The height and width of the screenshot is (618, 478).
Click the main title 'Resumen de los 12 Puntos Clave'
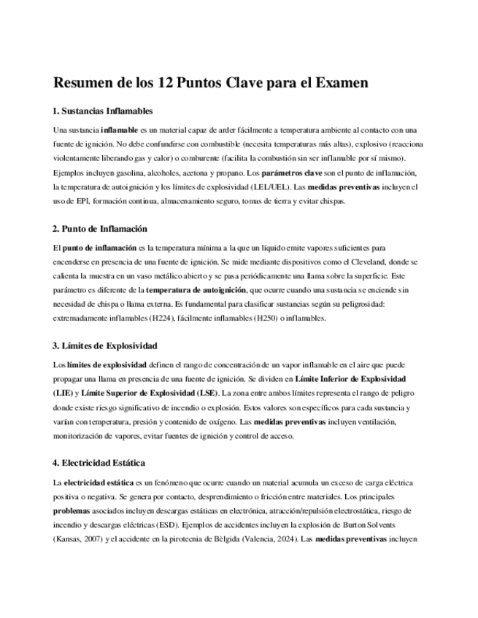click(210, 82)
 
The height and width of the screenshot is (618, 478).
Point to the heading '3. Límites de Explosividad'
click(104, 345)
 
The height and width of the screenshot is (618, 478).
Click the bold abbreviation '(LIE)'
click(63, 392)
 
